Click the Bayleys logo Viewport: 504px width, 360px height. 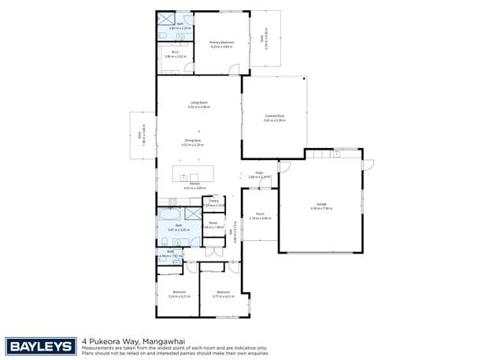pyautogui.click(x=41, y=346)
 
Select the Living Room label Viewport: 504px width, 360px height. pyautogui.click(x=198, y=102)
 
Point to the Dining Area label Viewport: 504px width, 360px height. pyautogui.click(x=192, y=141)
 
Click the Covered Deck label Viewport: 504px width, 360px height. pyautogui.click(x=274, y=116)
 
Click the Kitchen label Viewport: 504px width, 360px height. pyautogui.click(x=194, y=185)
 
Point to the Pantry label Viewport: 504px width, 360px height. pyautogui.click(x=213, y=201)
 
